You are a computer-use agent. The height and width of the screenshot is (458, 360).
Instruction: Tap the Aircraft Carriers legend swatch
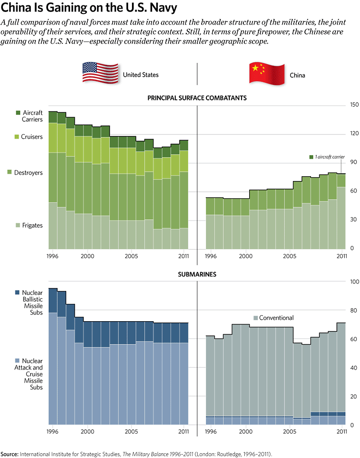(x=18, y=112)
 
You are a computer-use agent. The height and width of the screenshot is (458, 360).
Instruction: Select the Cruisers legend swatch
(x=18, y=137)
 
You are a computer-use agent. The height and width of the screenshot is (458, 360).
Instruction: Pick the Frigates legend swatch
(x=18, y=225)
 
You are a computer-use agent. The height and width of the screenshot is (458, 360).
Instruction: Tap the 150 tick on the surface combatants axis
(x=354, y=105)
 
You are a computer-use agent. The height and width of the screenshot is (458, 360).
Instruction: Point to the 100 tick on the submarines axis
(x=354, y=282)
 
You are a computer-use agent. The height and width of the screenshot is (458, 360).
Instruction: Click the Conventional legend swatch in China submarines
(x=255, y=318)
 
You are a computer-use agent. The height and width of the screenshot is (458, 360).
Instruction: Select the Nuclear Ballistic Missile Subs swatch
(x=18, y=292)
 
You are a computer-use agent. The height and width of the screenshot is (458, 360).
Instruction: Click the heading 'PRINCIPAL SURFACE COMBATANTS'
(x=197, y=97)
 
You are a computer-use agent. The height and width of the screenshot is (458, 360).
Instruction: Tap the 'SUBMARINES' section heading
(x=197, y=275)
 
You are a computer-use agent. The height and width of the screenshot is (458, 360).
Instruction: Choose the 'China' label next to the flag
(x=297, y=75)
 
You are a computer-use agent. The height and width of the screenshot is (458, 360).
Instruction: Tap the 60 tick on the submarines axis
(x=354, y=339)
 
